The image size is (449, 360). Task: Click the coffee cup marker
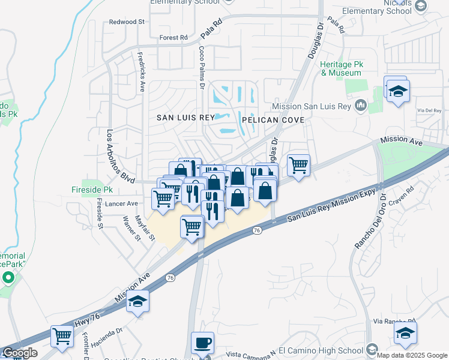pos(202,343)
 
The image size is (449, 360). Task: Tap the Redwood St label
pos(127,22)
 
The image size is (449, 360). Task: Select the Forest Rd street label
pos(174,37)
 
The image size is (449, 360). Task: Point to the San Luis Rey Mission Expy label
pos(331,205)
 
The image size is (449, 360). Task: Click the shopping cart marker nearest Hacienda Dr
pos(62,335)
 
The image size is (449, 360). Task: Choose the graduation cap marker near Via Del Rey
pos(397,92)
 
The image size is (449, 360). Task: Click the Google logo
pos(20,353)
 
